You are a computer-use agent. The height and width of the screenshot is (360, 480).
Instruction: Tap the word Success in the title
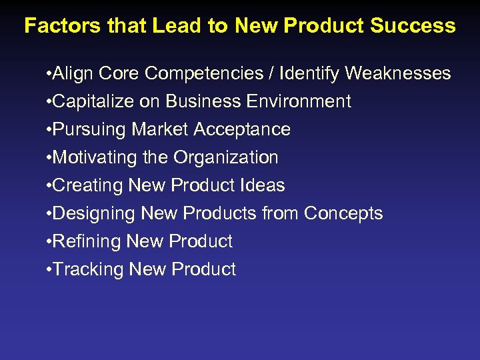coord(413,26)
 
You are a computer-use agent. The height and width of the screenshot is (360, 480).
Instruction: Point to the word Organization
coord(226,157)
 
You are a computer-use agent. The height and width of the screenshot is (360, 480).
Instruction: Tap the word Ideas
coord(263,185)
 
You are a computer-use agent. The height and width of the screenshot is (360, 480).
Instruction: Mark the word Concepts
coord(343,213)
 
